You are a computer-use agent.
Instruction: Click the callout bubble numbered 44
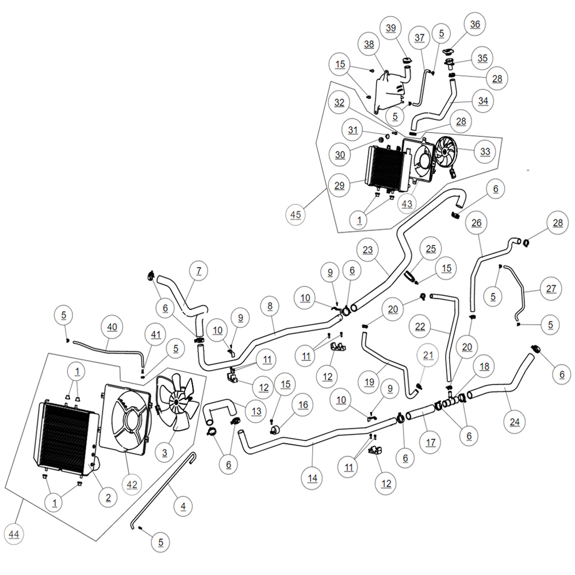(14, 534)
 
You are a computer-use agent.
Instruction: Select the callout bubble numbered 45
(296, 214)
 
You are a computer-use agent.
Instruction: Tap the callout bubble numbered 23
(367, 250)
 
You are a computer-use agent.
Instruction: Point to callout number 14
(312, 478)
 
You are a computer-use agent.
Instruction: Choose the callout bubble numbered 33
(485, 151)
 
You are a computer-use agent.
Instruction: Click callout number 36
(475, 24)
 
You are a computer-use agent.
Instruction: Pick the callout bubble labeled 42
(132, 484)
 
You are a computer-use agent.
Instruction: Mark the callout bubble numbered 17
(431, 442)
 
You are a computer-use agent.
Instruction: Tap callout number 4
(183, 507)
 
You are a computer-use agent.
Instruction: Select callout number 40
(112, 327)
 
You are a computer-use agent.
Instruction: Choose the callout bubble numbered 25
(431, 248)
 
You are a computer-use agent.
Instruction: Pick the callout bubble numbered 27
(551, 289)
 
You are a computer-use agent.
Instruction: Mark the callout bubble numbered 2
(108, 497)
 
